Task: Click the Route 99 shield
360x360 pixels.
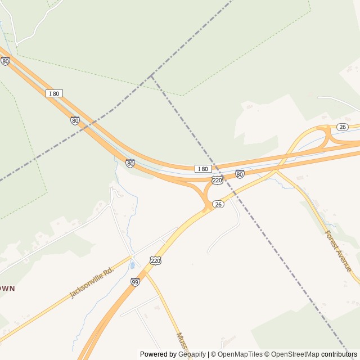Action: click(x=135, y=282)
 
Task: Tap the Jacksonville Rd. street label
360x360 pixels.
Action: click(x=91, y=283)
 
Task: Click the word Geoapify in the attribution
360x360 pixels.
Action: click(x=192, y=354)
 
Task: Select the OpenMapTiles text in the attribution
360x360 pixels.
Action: click(x=241, y=354)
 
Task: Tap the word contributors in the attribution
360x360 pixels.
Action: click(x=339, y=354)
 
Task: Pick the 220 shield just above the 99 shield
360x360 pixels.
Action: click(x=156, y=260)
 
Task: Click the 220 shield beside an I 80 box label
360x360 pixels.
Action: click(x=217, y=179)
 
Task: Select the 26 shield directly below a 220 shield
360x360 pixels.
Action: click(x=219, y=204)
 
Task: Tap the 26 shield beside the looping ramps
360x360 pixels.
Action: click(x=342, y=127)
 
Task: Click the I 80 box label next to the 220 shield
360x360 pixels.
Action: click(x=202, y=169)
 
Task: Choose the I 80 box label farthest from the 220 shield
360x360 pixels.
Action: click(x=54, y=93)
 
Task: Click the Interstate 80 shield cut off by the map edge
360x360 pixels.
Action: click(x=5, y=61)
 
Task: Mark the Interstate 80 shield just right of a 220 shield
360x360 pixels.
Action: click(x=240, y=174)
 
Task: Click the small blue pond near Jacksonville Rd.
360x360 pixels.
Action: click(x=132, y=264)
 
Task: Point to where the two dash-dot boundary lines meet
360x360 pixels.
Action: click(x=151, y=75)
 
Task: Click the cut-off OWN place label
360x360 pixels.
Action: click(x=7, y=288)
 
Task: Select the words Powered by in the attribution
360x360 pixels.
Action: click(x=157, y=354)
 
